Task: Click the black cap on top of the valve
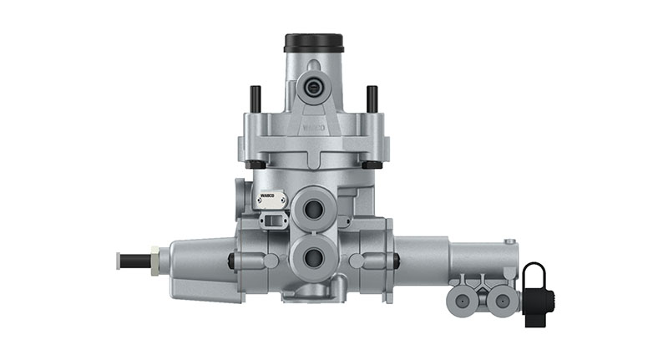point(314,43)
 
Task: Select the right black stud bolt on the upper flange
point(372,99)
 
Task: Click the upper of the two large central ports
point(314,208)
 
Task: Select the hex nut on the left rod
point(154,261)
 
